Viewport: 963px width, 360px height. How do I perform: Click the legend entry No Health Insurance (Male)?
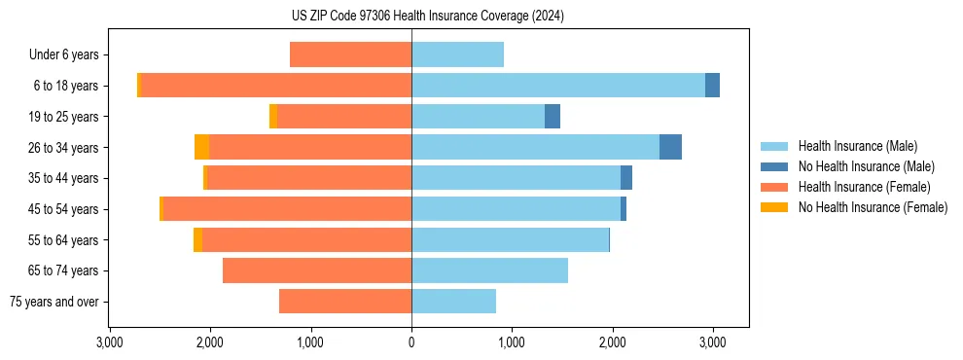(x=866, y=167)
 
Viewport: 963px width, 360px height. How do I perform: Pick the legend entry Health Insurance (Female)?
(x=864, y=187)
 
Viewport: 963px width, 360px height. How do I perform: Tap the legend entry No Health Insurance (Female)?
(x=873, y=207)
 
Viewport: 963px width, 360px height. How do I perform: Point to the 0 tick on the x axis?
(x=411, y=343)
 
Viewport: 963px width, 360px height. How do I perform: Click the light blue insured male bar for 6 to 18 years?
(x=558, y=86)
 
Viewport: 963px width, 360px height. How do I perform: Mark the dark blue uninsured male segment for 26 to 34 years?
(x=670, y=147)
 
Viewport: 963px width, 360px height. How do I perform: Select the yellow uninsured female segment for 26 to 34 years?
(x=201, y=147)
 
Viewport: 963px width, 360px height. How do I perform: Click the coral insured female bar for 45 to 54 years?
(x=287, y=209)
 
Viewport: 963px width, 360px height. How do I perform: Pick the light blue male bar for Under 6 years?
(x=457, y=55)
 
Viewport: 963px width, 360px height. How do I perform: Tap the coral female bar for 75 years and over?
(x=345, y=302)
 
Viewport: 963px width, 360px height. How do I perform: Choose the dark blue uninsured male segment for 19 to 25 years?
(x=553, y=117)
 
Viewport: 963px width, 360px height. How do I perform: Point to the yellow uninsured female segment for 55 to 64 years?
(x=197, y=240)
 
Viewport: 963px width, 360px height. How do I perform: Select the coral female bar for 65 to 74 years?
(x=317, y=270)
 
